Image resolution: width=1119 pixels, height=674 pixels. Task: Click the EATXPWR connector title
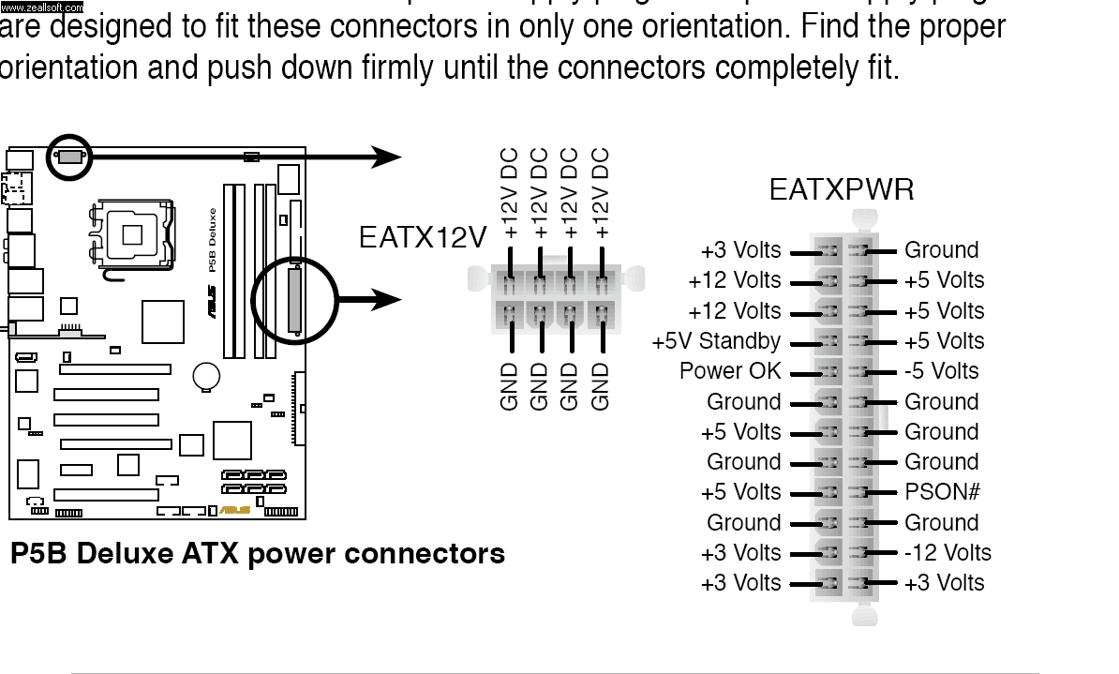[841, 190]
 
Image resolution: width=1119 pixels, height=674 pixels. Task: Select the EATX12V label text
[422, 238]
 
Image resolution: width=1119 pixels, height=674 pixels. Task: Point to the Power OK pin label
[729, 371]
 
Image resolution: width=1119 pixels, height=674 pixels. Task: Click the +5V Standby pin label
[716, 341]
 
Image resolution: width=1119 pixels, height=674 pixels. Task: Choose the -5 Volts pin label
[941, 371]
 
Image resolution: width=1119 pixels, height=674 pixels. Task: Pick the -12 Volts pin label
[947, 553]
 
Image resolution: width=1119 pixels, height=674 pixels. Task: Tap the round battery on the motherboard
[206, 377]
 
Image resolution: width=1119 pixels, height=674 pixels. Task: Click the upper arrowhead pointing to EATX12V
[386, 157]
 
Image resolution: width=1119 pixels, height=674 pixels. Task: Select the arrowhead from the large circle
[386, 300]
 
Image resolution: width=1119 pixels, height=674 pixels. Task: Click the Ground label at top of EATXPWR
[941, 250]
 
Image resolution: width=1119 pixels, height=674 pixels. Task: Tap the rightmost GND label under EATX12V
[601, 385]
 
